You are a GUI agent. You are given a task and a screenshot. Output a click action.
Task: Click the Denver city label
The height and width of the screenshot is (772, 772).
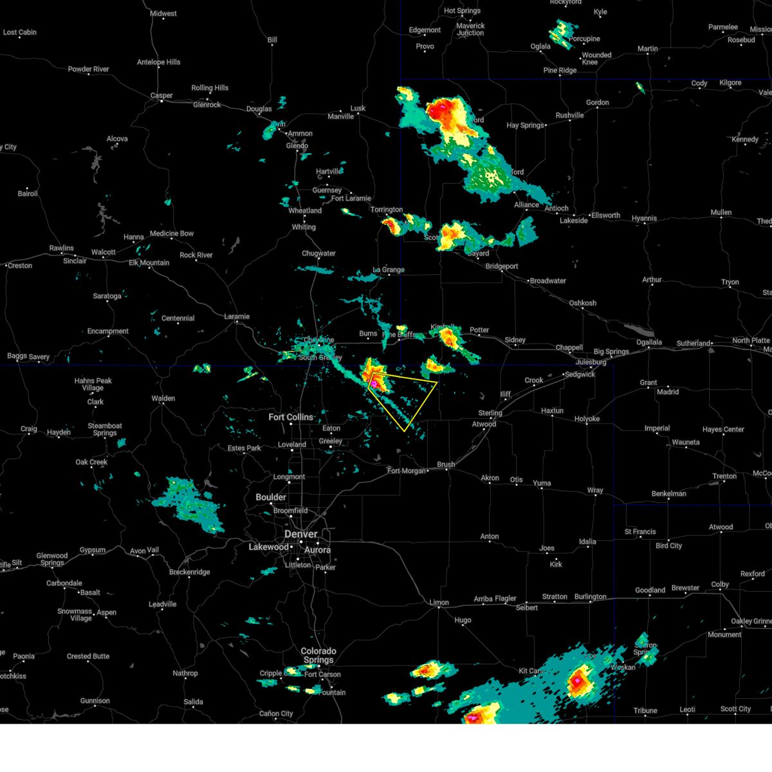[x=300, y=535]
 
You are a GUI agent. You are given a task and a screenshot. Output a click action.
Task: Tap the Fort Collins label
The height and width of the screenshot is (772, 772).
[x=291, y=418]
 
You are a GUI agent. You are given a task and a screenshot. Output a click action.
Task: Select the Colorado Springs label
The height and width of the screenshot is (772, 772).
[x=318, y=655]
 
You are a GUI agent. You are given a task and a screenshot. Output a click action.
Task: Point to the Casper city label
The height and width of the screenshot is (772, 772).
[x=161, y=96]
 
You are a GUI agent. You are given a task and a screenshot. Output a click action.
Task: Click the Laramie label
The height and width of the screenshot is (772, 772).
[x=237, y=317]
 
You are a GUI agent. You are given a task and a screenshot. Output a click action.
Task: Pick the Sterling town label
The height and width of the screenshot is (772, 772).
[x=490, y=413]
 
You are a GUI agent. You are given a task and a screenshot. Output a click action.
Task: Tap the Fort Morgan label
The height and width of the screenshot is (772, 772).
[x=407, y=471]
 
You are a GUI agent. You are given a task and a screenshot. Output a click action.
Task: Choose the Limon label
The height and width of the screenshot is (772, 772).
[x=439, y=603]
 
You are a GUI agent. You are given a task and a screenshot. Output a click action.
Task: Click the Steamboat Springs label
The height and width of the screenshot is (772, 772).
[x=105, y=429]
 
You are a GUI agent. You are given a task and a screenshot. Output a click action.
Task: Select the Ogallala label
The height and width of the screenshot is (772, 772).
[x=649, y=342]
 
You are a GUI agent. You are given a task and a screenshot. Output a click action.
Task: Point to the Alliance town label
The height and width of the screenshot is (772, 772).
[x=526, y=205]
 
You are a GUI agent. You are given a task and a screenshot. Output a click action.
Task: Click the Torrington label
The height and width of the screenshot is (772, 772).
[x=387, y=210]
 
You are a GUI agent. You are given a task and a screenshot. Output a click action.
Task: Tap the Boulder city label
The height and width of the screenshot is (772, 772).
[x=271, y=497]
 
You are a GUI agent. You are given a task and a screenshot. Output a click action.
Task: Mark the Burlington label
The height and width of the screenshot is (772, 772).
[x=590, y=597]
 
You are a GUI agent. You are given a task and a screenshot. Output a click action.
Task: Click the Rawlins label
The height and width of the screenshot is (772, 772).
[x=62, y=248]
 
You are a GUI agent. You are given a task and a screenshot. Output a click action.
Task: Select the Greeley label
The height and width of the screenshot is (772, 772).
[x=331, y=441]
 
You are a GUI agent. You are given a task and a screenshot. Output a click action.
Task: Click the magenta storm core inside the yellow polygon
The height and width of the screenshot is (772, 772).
[x=373, y=383]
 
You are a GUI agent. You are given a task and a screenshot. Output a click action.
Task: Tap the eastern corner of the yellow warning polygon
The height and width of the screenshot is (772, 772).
[x=437, y=382]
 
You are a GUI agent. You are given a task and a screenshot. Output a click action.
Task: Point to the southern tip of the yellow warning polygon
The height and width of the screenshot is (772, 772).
[x=405, y=431]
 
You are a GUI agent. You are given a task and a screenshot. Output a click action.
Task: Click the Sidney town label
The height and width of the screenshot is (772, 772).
[x=515, y=340]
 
